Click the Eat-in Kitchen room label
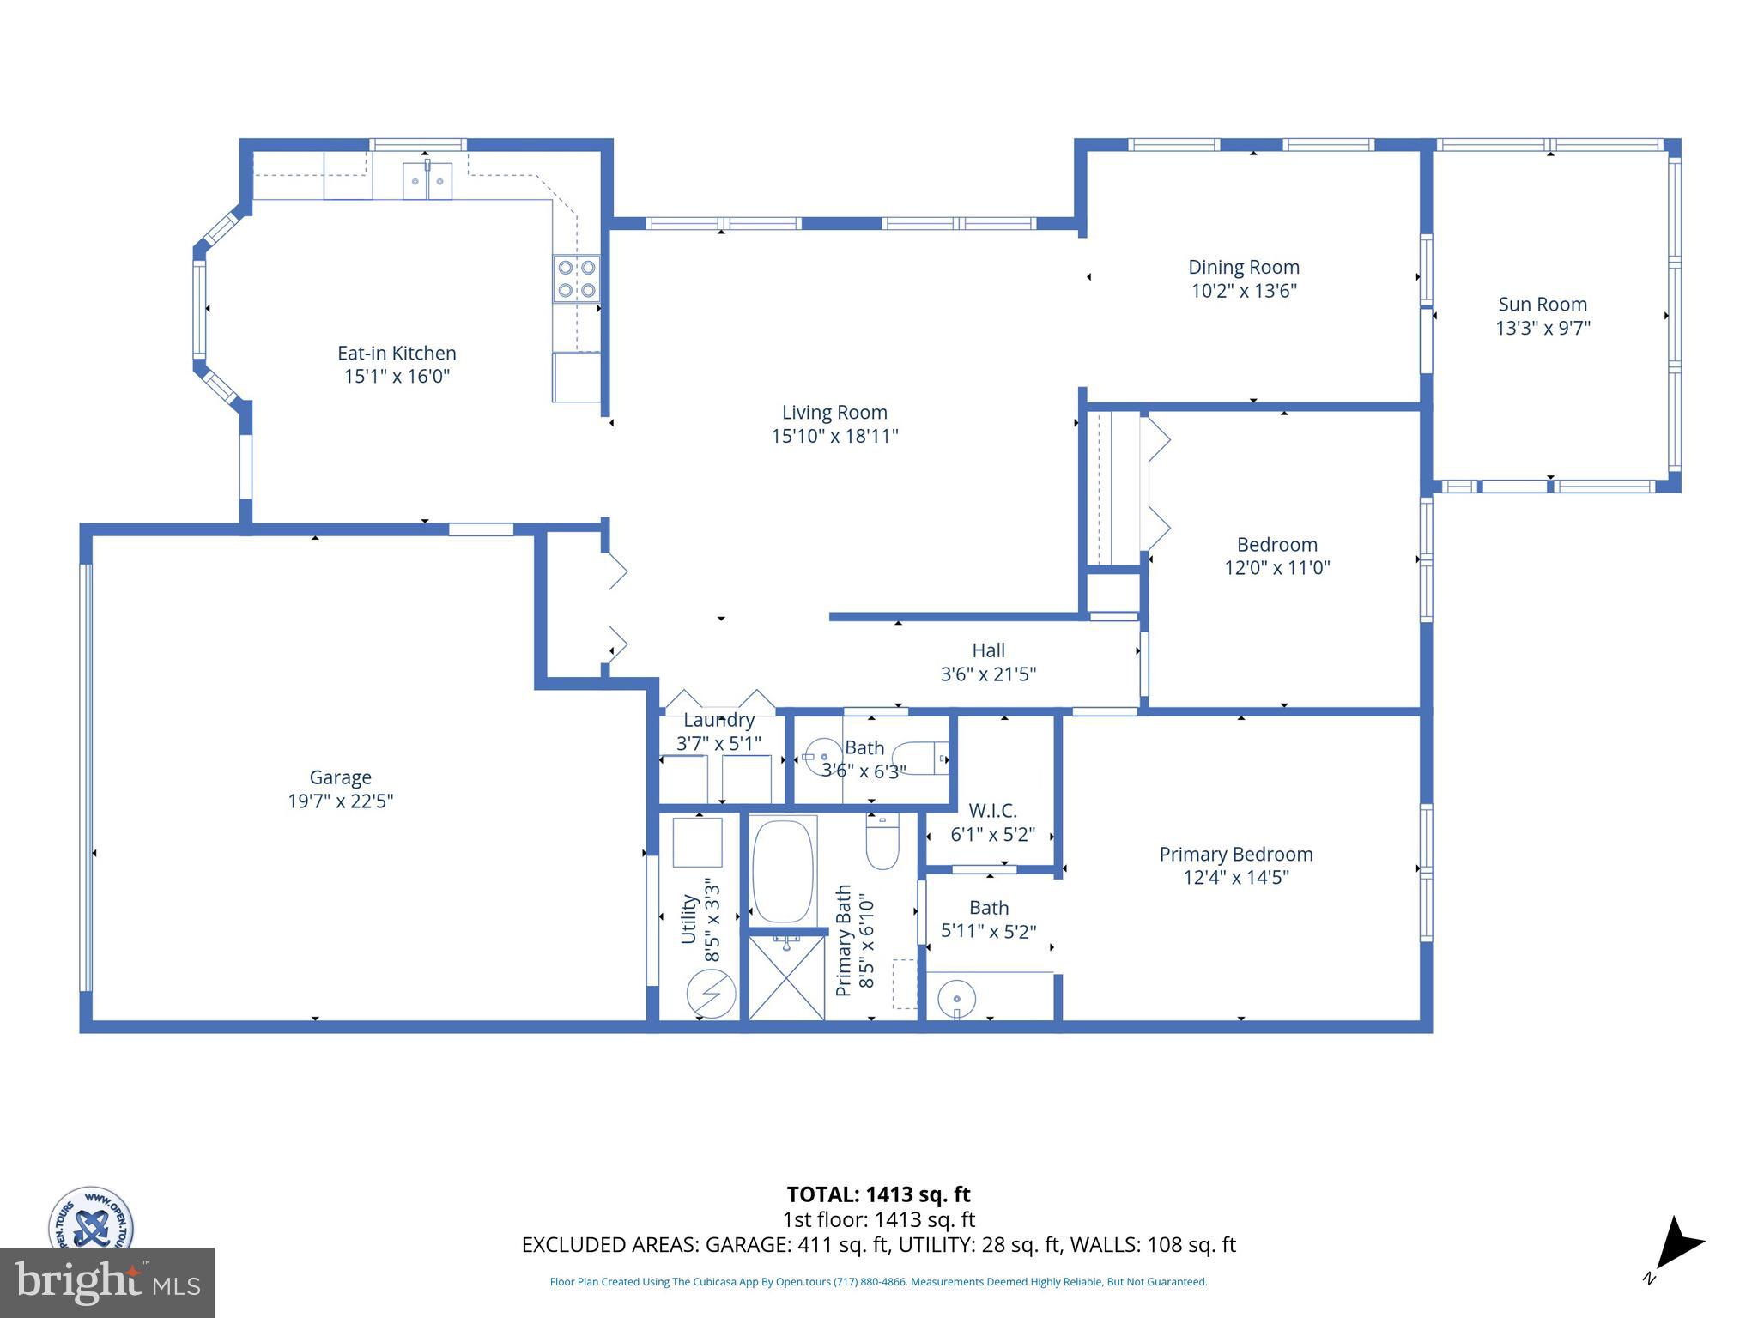pos(397,354)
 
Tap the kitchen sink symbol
pos(427,181)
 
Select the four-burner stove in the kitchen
pos(576,279)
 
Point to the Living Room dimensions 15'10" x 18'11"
pos(834,436)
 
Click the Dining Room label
pos(1243,268)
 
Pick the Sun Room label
pos(1542,305)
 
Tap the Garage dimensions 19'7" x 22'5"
pos(341,801)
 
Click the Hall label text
pos(988,651)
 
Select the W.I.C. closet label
pos(992,811)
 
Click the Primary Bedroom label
pos(1235,855)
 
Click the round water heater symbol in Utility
pos(711,994)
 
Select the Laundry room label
pos(718,721)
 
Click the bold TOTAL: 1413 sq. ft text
pos(878,1194)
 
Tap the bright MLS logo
pos(107,1282)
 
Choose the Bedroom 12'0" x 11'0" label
pos(1276,556)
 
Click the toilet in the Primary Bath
pos(882,843)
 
